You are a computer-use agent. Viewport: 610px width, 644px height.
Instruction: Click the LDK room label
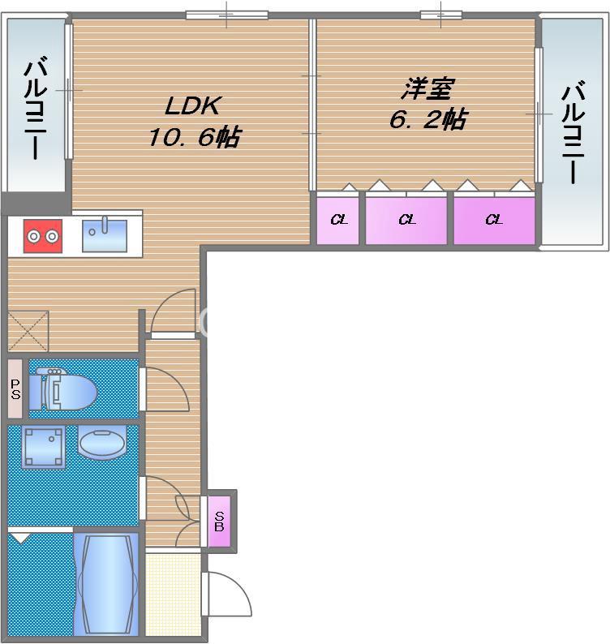click(x=193, y=106)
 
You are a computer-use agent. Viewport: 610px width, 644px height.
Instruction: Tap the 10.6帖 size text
click(x=193, y=137)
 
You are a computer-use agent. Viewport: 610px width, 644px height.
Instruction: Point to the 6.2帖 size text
click(x=427, y=120)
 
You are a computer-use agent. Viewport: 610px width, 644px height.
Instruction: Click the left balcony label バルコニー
click(x=35, y=109)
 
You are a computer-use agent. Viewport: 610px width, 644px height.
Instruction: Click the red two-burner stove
click(x=42, y=236)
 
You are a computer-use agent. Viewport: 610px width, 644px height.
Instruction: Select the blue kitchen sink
click(x=104, y=235)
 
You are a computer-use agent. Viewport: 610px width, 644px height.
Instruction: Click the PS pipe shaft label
click(x=15, y=390)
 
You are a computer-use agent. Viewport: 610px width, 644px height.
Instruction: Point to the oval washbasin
click(x=102, y=444)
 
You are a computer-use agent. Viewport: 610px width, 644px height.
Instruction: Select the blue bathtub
click(x=105, y=582)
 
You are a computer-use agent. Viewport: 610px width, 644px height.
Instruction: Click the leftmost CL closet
click(x=339, y=219)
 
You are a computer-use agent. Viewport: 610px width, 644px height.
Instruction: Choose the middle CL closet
click(x=406, y=219)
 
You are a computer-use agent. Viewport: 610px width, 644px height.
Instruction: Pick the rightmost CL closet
click(x=494, y=219)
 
